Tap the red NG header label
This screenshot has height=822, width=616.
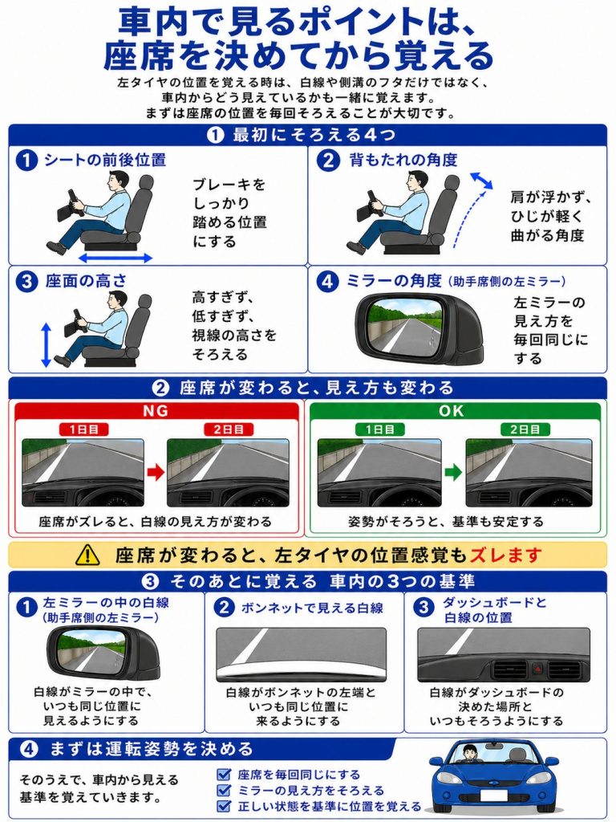click(156, 410)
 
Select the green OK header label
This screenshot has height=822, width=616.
click(452, 410)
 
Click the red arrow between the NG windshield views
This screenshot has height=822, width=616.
click(155, 472)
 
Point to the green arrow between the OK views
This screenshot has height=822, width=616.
click(452, 472)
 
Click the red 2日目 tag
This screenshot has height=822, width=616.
click(229, 429)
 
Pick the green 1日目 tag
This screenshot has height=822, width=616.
click(379, 429)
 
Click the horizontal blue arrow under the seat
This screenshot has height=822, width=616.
click(115, 258)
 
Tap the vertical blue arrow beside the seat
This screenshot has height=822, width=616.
click(46, 344)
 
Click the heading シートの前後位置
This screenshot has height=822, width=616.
click(105, 160)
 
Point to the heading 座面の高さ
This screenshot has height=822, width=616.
click(86, 281)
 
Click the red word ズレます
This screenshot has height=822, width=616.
click(505, 555)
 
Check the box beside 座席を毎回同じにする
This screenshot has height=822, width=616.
click(225, 775)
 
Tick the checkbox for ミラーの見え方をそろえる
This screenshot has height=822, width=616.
click(225, 790)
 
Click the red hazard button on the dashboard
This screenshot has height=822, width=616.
click(539, 669)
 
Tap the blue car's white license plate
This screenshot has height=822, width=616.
click(494, 796)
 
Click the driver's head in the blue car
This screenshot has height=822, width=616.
click(470, 751)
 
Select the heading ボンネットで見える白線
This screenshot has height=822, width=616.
click(312, 608)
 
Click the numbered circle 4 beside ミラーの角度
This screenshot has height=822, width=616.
click(327, 282)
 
